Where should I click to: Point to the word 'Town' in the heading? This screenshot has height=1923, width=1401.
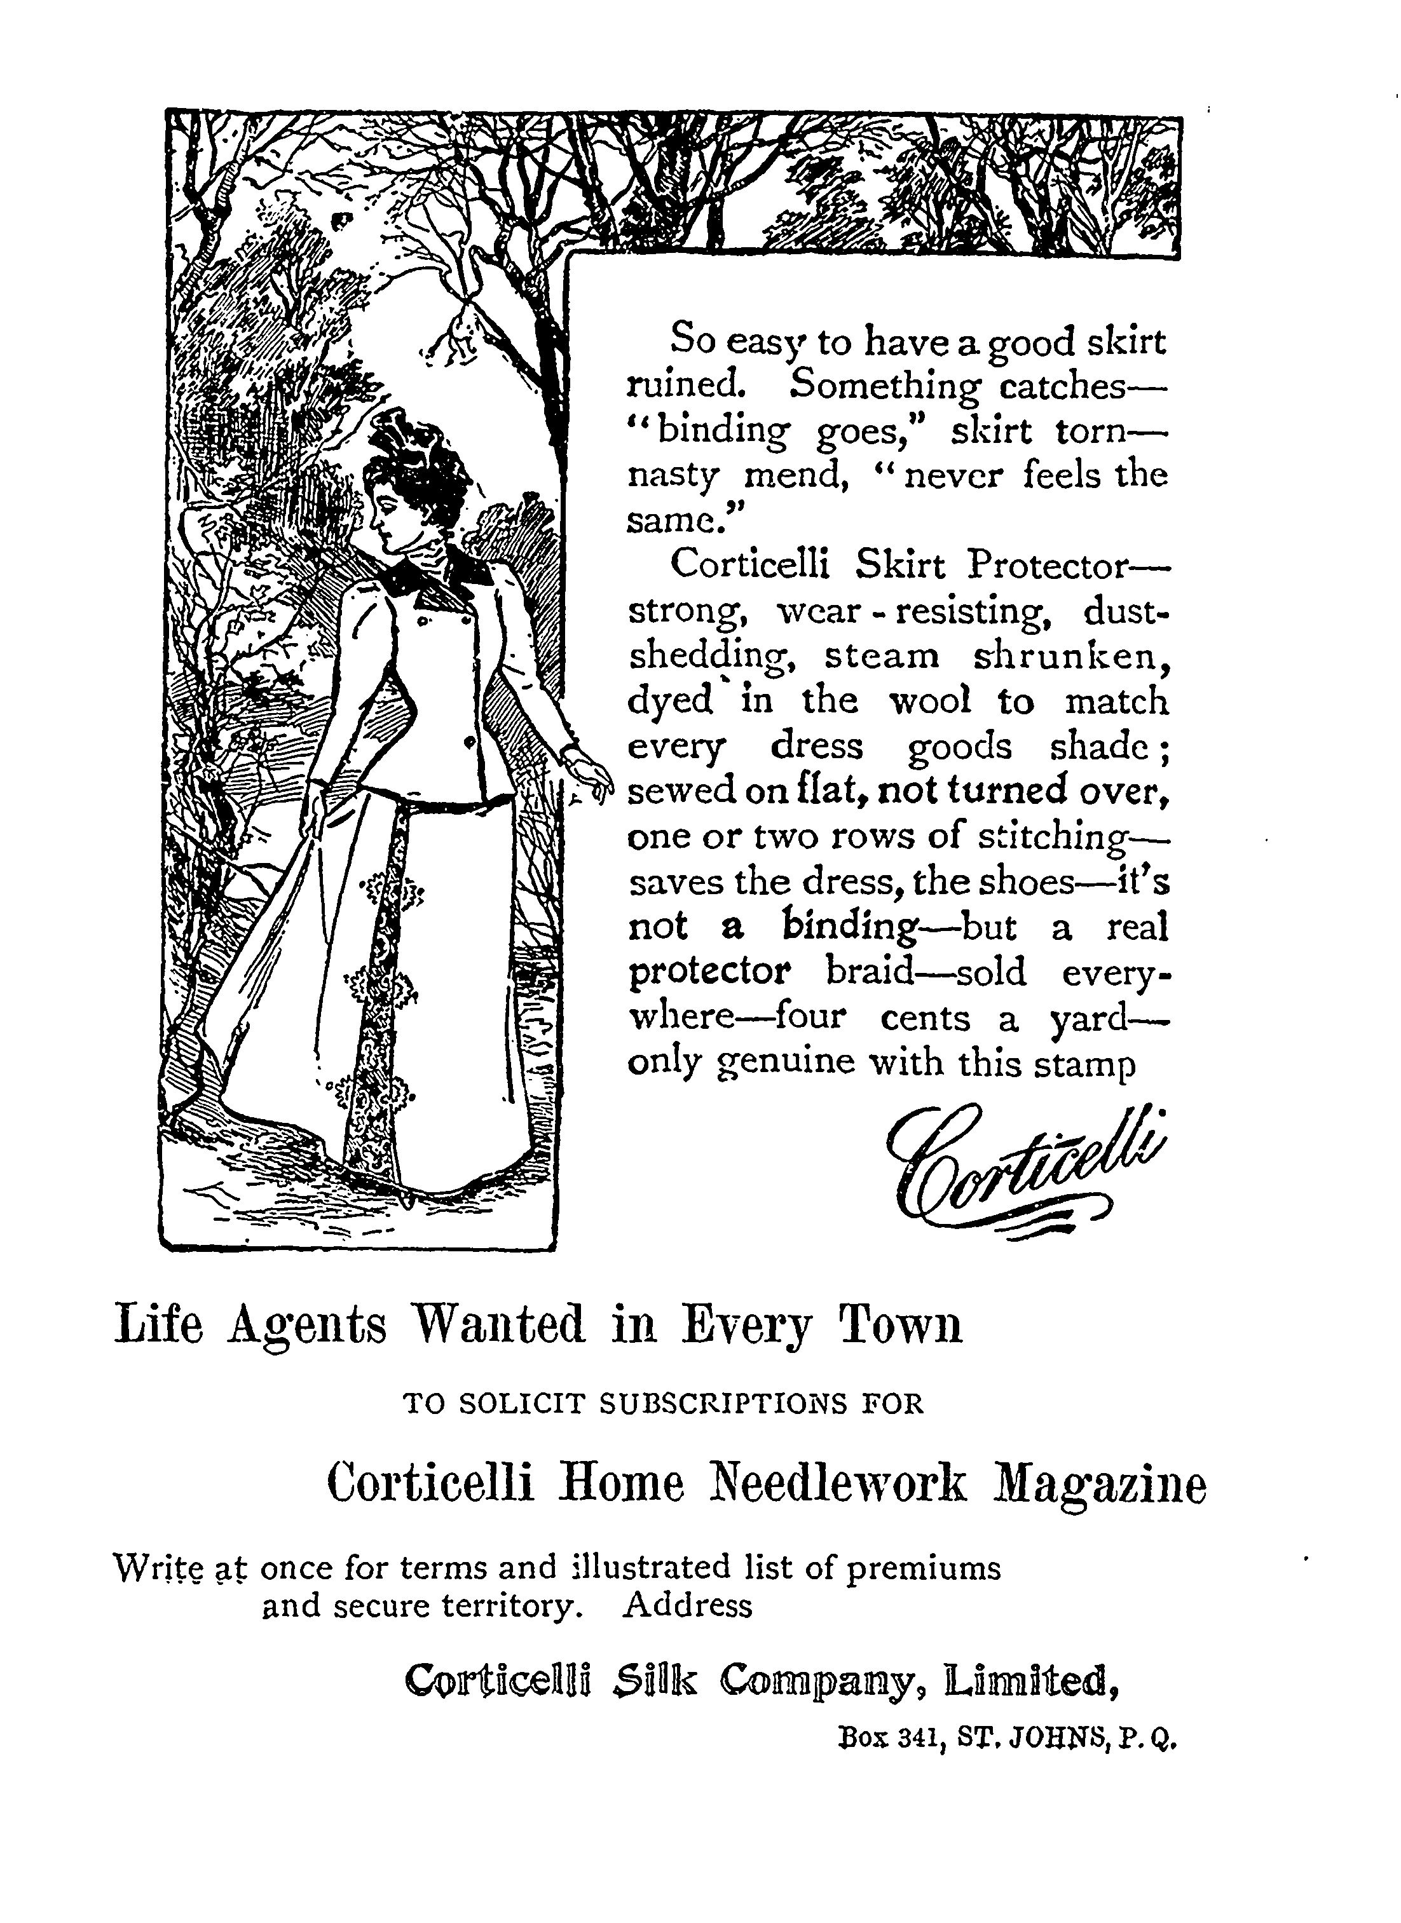pyautogui.click(x=901, y=1324)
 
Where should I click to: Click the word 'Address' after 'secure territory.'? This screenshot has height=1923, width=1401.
pyautogui.click(x=687, y=1605)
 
